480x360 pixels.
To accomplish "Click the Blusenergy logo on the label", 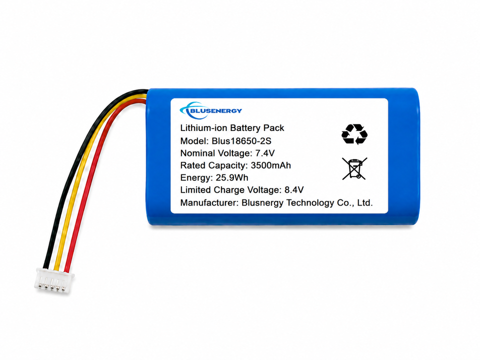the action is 210,110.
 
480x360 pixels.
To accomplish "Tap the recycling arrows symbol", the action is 354,134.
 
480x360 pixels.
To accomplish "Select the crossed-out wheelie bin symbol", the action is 354,168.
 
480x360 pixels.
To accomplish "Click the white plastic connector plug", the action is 54,280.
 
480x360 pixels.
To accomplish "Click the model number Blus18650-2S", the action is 241,141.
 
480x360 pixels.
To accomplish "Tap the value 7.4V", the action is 265,153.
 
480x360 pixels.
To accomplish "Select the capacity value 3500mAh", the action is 270,165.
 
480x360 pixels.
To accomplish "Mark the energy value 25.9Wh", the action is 232,177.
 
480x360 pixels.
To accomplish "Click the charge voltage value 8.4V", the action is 294,190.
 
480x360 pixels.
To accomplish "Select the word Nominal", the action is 197,153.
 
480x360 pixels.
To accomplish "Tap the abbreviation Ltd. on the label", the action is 365,202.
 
